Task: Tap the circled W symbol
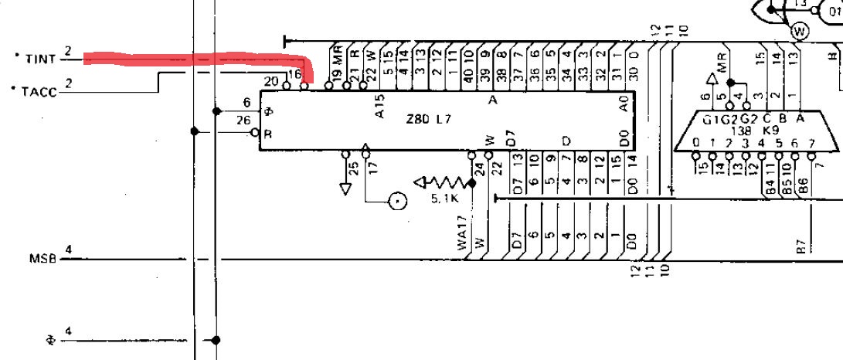click(799, 31)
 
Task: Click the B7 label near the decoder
click(801, 246)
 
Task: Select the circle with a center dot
click(397, 202)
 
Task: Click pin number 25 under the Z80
click(354, 168)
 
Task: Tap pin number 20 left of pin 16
click(270, 81)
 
